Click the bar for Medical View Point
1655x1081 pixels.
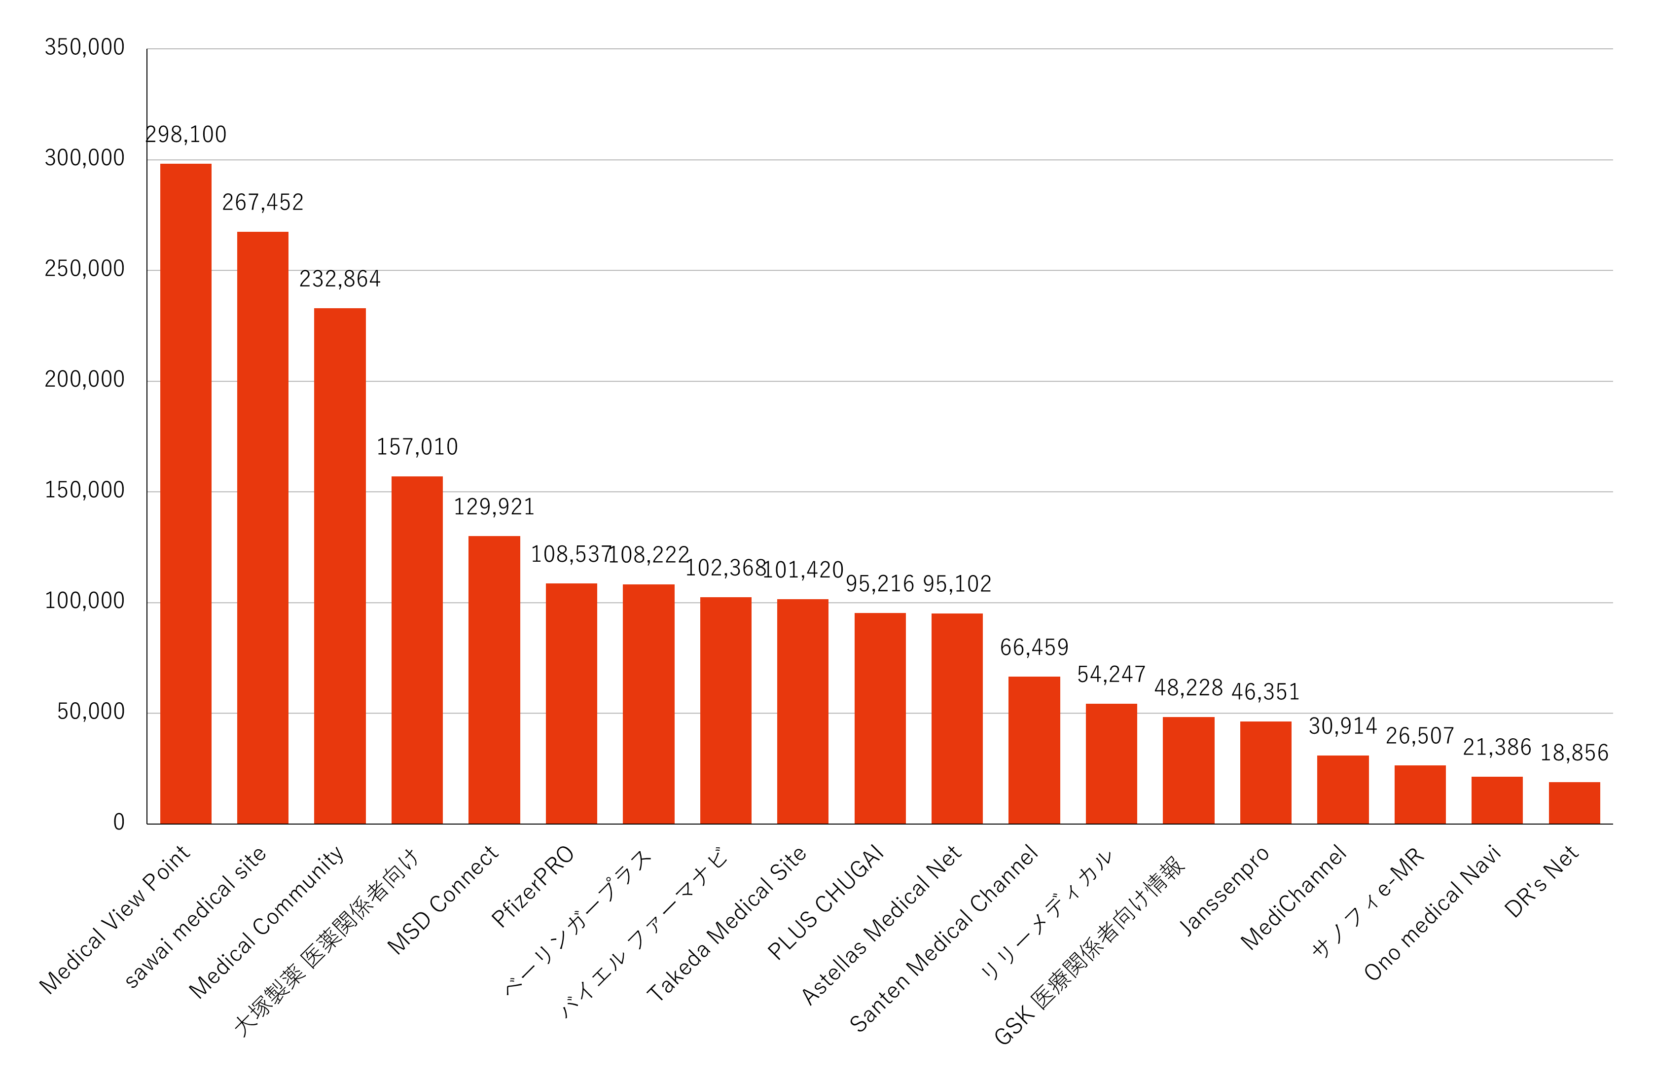[185, 494]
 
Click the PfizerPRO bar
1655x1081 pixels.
[571, 704]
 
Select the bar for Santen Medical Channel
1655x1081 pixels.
[1034, 750]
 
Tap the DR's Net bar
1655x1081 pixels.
[1574, 803]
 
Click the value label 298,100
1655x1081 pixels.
[186, 135]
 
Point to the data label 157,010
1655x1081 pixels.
[417, 447]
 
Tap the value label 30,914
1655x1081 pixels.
[1343, 726]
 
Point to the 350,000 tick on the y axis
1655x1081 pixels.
[85, 47]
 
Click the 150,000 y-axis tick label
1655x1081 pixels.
[85, 490]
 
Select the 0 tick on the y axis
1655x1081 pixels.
[119, 823]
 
